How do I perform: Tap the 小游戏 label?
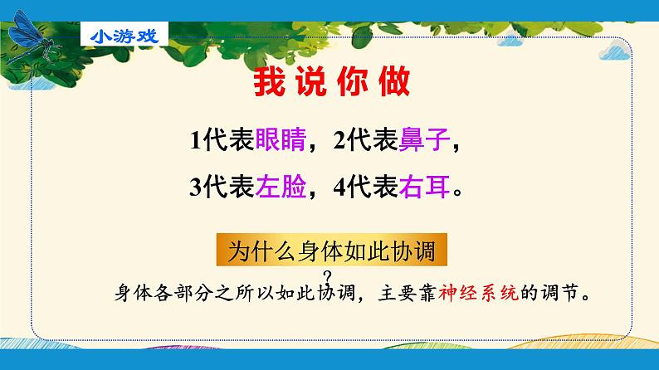pyautogui.click(x=124, y=37)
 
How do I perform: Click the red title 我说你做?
pyautogui.click(x=332, y=81)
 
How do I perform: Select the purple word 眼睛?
pyautogui.click(x=281, y=139)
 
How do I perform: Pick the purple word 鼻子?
pyautogui.click(x=424, y=139)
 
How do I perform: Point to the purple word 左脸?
pyautogui.click(x=281, y=187)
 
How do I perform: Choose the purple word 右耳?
pyautogui.click(x=424, y=187)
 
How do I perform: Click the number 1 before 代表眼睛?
pyautogui.click(x=195, y=140)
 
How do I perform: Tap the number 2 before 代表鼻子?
pyautogui.click(x=339, y=140)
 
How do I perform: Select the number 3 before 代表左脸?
pyautogui.click(x=196, y=187)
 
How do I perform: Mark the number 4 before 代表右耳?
pyautogui.click(x=339, y=187)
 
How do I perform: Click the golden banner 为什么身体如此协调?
pyautogui.click(x=332, y=250)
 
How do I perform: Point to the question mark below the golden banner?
pyautogui.click(x=328, y=277)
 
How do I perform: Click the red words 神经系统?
pyautogui.click(x=478, y=293)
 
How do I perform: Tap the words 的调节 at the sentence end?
pyautogui.click(x=549, y=293)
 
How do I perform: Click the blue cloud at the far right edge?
pyautogui.click(x=614, y=52)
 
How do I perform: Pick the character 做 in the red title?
pyautogui.click(x=394, y=81)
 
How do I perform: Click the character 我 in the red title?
pyautogui.click(x=270, y=81)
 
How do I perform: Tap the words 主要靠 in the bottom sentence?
pyautogui.click(x=407, y=293)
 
